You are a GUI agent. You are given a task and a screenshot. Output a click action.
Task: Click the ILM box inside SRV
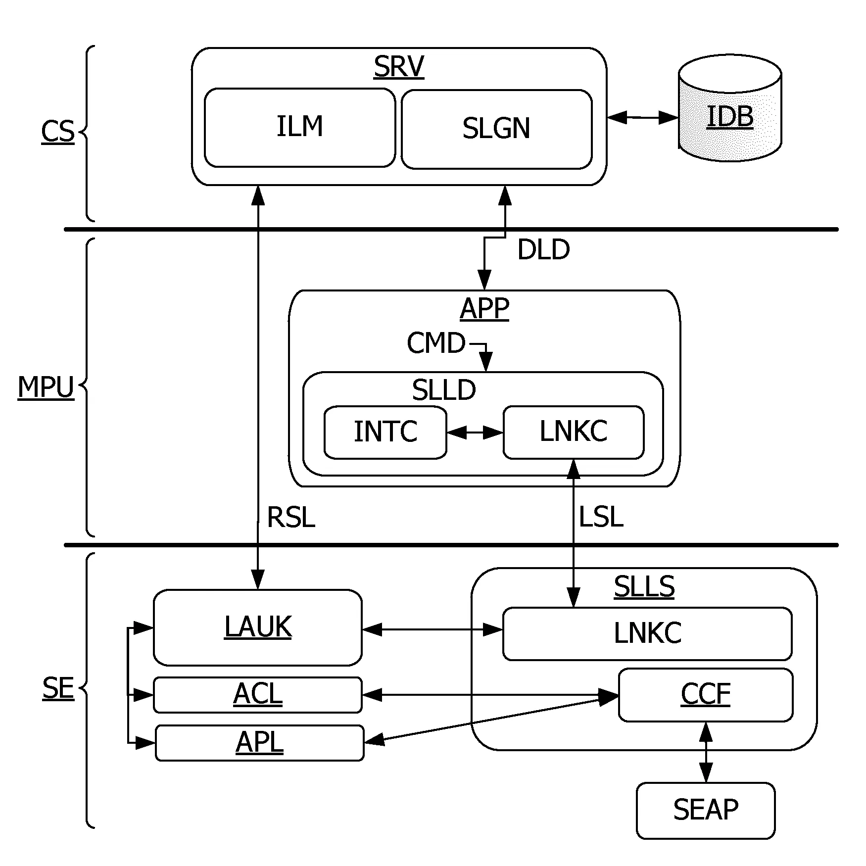300,128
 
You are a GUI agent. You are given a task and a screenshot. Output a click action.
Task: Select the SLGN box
496,129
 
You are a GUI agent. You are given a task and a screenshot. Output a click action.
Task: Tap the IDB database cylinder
730,108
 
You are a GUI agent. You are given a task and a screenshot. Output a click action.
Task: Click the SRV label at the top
399,67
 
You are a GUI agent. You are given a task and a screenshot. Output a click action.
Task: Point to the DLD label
543,249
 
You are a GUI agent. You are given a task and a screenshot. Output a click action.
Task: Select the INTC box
385,433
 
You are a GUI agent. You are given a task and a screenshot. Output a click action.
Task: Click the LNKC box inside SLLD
574,433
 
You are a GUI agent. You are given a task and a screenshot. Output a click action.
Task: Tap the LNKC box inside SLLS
647,634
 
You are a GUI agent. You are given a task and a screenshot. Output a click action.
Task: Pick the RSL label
291,518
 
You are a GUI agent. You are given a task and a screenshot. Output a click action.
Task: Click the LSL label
601,518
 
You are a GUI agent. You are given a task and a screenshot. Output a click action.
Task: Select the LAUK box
258,627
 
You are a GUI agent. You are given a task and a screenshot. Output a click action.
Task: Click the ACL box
258,695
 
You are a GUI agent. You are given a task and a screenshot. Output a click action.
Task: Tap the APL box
260,743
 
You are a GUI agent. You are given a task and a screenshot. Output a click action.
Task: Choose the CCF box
706,695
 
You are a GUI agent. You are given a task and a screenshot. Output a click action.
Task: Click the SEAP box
706,811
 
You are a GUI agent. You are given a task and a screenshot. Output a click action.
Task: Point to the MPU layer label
46,387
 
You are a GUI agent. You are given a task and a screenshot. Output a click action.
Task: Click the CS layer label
58,132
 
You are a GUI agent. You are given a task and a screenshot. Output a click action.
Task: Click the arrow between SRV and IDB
643,118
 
